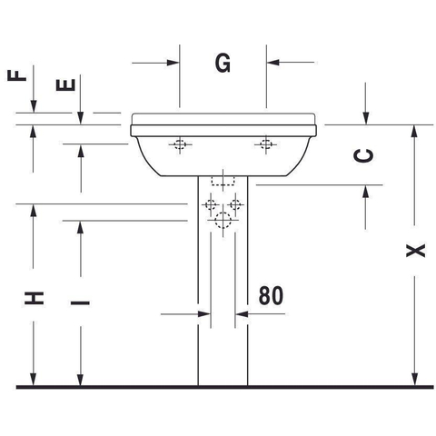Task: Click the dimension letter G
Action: pyautogui.click(x=223, y=63)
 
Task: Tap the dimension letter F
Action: pyautogui.click(x=17, y=75)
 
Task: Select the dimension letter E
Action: pyautogui.click(x=65, y=84)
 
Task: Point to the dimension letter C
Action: pyautogui.click(x=363, y=156)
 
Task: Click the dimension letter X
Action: pyautogui.click(x=415, y=251)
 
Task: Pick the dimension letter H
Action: pyautogui.click(x=34, y=298)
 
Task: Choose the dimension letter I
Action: pyautogui.click(x=80, y=302)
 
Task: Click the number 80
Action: pyautogui.click(x=271, y=295)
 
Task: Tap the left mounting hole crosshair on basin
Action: pyautogui.click(x=180, y=144)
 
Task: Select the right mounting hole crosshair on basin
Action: pyautogui.click(x=266, y=144)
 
